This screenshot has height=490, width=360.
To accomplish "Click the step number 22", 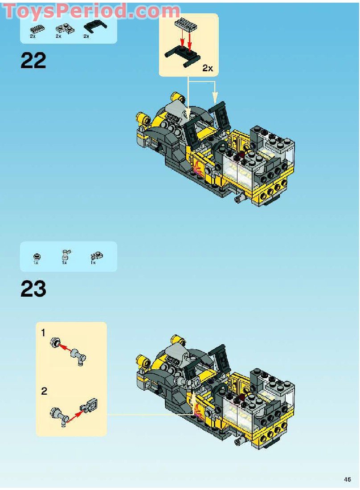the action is (33, 61).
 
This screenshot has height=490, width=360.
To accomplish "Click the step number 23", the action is (33, 289).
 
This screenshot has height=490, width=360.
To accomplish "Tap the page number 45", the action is (347, 479).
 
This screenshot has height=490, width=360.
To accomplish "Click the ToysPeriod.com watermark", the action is (92, 11).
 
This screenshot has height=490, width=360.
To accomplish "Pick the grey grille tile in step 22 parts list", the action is (37, 29).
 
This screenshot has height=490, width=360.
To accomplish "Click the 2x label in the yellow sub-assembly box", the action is (208, 68).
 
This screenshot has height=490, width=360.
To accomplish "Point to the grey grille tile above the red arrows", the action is (186, 24).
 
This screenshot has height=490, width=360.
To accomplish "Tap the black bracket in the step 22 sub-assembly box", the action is (182, 56).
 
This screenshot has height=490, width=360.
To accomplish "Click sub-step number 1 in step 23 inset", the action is (43, 333).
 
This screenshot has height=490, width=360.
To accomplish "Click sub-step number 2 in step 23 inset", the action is (44, 391).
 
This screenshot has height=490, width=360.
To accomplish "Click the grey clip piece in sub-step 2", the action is (89, 404).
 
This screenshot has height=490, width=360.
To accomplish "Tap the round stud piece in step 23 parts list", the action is (37, 257).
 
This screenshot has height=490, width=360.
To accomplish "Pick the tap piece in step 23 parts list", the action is (65, 255).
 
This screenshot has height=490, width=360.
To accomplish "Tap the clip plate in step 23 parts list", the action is (97, 256).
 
